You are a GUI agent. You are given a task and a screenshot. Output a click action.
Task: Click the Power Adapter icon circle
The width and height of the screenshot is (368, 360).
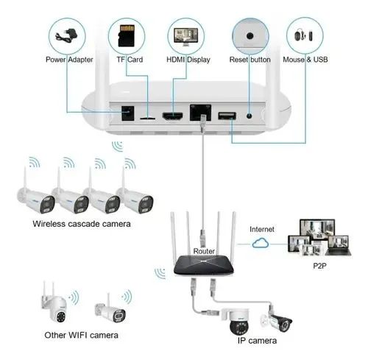pos(67,36)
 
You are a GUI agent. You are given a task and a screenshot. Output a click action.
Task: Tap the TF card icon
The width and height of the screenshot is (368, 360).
pos(127,35)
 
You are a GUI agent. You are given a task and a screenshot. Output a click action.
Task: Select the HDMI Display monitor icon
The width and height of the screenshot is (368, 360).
pos(185,37)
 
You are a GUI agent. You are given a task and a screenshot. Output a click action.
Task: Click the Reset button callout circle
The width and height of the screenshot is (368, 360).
pos(250,36)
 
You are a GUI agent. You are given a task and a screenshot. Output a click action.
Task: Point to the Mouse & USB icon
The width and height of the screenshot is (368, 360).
pos(304,36)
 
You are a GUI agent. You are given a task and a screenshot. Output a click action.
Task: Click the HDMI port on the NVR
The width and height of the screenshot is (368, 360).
pos(173,116)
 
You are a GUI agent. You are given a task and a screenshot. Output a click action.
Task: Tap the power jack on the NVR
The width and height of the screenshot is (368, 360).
pos(128,113)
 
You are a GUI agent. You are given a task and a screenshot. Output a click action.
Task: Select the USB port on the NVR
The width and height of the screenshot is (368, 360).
pos(227,116)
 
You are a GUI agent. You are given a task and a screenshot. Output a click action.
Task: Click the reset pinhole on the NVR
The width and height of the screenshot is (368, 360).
pos(250,116)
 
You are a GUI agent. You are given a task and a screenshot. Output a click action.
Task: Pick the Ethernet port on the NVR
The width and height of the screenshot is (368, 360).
pos(200,113)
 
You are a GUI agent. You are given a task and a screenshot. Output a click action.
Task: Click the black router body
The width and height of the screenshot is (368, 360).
pos(204,266)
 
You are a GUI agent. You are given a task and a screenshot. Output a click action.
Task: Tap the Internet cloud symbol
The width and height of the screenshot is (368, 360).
pos(261,243)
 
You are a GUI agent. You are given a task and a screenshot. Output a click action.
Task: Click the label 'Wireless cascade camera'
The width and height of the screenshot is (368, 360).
pos(82,224)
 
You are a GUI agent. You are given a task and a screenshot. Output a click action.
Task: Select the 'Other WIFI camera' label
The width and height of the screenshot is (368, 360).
pos(81,335)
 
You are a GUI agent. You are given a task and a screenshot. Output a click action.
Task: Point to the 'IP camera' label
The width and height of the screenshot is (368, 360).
pos(257,341)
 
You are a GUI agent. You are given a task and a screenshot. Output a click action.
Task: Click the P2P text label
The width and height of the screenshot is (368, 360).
pos(319,266)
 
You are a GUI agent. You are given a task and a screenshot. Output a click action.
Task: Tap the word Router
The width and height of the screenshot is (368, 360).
pos(204,251)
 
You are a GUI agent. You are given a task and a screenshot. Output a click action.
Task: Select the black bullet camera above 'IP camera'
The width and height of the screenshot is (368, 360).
pos(277,320)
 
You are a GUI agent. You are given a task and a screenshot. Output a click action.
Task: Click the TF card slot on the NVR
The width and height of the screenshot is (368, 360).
pos(147,118)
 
